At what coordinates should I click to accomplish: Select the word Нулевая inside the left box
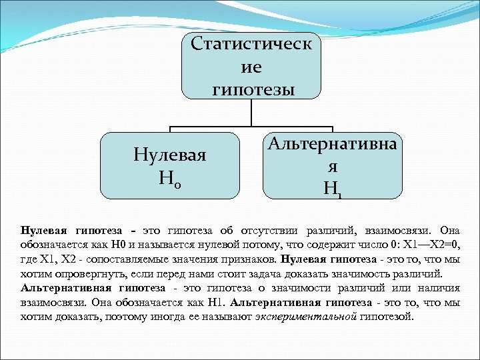click(169, 155)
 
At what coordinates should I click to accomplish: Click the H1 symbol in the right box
click(332, 189)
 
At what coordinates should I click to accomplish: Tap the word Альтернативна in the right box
click(332, 143)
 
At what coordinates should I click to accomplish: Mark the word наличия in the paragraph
click(439, 288)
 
